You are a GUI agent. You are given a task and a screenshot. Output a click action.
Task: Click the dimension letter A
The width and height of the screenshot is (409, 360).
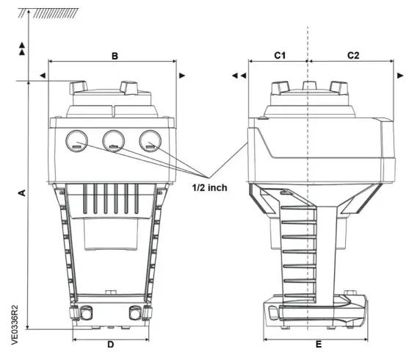[x=22, y=192]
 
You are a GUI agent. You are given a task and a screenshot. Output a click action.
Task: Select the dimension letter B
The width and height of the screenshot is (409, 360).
[x=114, y=57]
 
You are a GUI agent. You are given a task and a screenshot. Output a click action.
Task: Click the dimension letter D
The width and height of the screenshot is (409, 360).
[x=110, y=344]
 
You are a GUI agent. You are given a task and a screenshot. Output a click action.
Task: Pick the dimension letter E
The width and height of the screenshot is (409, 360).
[x=318, y=344]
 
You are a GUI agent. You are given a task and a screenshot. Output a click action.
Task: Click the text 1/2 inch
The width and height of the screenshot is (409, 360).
[x=207, y=187]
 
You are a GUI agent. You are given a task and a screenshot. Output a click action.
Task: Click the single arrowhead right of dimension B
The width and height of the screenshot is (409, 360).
[x=181, y=75]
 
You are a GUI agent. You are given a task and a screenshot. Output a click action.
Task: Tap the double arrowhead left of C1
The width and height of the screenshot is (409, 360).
[x=237, y=75]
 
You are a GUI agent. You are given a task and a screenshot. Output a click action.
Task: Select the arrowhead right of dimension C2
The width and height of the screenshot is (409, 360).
[x=399, y=75]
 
